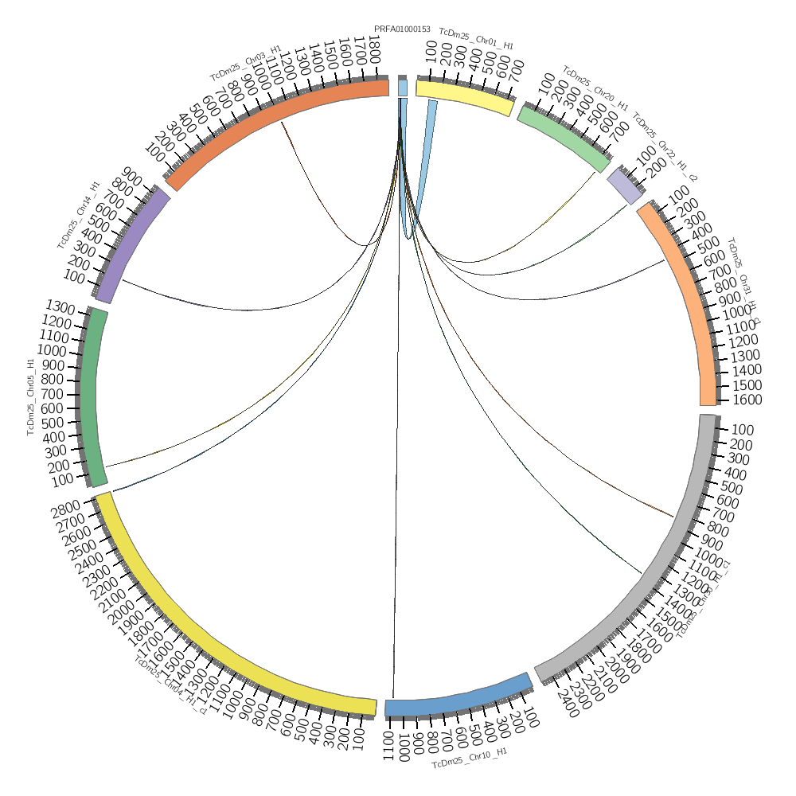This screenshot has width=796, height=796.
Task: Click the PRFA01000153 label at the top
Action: (x=402, y=29)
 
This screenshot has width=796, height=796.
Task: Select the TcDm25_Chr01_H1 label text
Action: (x=476, y=40)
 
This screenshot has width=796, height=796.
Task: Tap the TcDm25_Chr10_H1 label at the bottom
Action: (x=469, y=758)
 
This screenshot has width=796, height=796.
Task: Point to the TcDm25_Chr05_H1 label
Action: (x=31, y=396)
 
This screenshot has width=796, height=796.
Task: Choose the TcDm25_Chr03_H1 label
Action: (x=245, y=63)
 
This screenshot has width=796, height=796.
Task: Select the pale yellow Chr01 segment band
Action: (x=464, y=96)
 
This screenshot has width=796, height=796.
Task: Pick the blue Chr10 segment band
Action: (x=458, y=698)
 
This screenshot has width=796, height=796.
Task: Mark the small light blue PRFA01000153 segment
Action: (x=403, y=87)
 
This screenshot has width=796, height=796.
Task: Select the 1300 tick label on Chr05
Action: (x=60, y=308)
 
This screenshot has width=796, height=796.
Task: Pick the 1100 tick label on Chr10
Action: (x=389, y=744)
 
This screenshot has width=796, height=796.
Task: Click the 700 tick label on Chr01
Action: (x=516, y=70)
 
